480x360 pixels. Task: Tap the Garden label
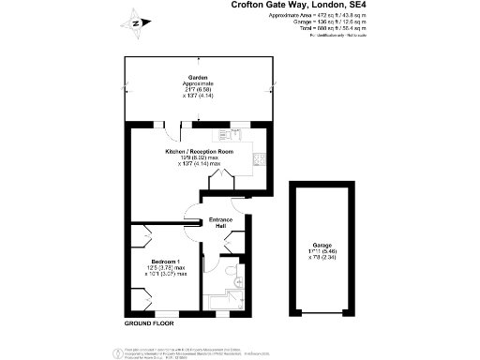coord(197,77)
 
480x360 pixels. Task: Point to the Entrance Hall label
coord(220,222)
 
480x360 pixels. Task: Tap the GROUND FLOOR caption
coord(150,323)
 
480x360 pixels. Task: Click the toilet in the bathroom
coord(232,275)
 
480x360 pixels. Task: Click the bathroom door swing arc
coord(234,252)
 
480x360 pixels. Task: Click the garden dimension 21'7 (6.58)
coord(197,90)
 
